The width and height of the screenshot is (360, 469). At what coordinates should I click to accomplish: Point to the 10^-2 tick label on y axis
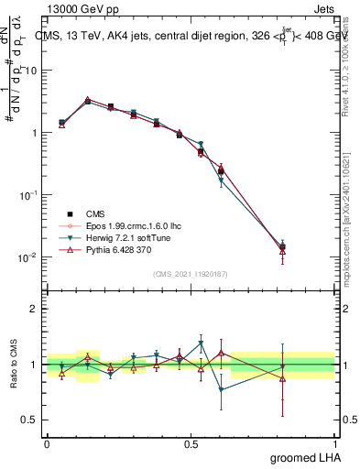coord(27,257)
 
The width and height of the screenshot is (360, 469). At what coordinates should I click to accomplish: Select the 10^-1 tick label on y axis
coord(27,195)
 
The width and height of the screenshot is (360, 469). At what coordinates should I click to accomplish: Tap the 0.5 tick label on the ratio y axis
coord(29,421)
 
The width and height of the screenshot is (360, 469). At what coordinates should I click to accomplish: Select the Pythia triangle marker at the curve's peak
coord(88,100)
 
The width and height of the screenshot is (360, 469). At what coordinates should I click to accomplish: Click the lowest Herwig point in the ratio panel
coord(222,390)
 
